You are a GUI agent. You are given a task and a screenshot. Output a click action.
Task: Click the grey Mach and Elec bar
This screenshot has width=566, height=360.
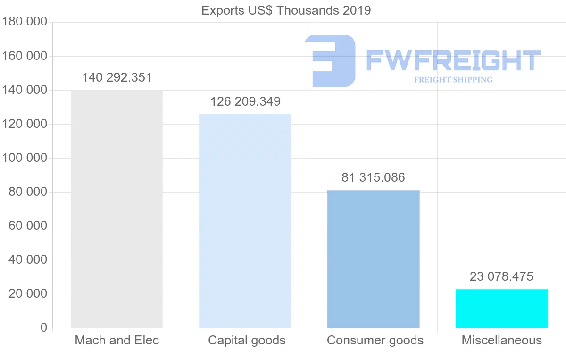click(117, 209)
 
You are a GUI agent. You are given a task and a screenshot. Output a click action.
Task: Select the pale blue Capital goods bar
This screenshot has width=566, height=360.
click(245, 221)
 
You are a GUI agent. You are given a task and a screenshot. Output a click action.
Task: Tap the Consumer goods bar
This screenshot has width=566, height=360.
click(373, 259)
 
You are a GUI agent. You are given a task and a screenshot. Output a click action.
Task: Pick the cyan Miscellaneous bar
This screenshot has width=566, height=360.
click(501, 309)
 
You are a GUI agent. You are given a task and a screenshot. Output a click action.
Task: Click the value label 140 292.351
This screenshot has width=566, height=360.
click(117, 78)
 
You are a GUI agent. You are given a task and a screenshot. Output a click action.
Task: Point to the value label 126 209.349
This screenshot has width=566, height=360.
click(245, 101)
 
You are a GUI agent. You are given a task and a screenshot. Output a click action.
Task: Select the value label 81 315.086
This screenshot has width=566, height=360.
click(373, 178)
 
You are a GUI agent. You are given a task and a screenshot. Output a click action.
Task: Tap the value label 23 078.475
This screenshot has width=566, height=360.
click(501, 276)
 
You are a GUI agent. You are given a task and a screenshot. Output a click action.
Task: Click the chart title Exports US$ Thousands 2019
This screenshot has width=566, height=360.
click(286, 10)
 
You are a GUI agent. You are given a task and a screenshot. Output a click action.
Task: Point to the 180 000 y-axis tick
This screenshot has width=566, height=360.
click(25, 22)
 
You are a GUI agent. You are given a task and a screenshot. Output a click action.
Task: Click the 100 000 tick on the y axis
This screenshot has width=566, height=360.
click(25, 158)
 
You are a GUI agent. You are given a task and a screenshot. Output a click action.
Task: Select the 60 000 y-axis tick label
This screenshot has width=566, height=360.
click(28, 226)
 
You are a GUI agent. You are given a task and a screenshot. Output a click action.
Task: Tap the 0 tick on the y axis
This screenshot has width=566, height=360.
click(44, 328)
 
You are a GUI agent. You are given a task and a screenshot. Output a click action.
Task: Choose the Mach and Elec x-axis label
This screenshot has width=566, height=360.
click(117, 341)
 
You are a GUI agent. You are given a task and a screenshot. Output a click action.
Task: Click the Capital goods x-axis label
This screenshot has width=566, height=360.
click(247, 341)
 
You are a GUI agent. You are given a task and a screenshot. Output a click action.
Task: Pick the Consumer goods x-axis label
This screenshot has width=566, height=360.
click(375, 341)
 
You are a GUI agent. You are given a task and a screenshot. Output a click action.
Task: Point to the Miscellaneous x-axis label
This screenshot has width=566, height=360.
click(502, 341)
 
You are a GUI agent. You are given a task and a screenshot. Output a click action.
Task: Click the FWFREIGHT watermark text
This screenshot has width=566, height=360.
click(453, 61)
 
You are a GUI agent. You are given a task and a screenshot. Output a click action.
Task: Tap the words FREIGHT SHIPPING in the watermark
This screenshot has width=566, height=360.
click(453, 80)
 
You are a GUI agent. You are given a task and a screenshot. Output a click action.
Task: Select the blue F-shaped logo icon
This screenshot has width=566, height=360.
click(330, 60)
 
